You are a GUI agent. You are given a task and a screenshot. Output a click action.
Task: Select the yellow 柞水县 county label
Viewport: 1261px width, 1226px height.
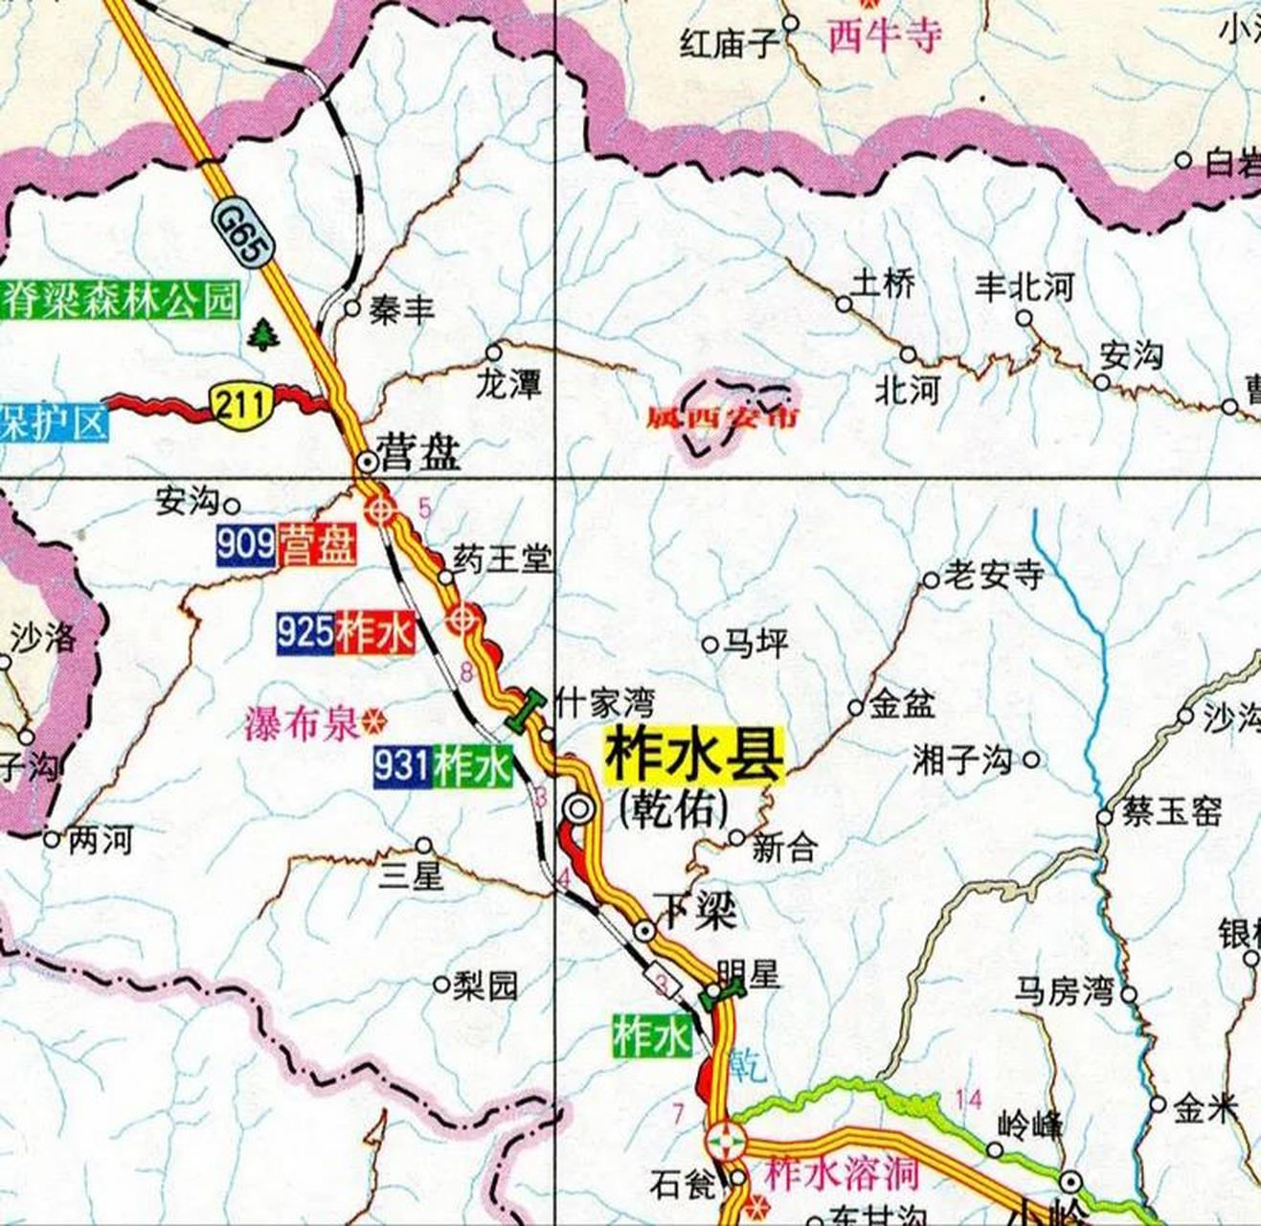693,756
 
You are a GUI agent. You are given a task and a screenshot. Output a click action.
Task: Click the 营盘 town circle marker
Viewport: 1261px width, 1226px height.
367,462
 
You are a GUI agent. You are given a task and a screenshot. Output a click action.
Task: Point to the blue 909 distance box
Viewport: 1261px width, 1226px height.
246,546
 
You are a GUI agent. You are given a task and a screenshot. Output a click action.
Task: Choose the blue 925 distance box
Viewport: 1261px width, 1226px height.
305,632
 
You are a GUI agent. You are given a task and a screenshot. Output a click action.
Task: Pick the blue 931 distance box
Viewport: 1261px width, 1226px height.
402,766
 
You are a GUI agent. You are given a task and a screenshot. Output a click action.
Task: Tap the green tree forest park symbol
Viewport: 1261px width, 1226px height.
259,335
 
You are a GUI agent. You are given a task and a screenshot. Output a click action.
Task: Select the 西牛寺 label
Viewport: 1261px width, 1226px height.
885,35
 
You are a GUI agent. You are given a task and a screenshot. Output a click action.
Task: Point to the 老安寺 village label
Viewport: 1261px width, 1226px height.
993,576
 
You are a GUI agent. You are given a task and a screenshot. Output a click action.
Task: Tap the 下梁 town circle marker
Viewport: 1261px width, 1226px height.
645,929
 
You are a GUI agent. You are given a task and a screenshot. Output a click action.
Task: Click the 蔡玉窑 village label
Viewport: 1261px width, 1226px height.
1172,812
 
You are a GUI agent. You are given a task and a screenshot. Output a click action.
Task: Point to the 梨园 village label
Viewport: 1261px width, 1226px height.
485,985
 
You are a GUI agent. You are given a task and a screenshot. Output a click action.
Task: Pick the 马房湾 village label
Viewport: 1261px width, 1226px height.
1065,991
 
